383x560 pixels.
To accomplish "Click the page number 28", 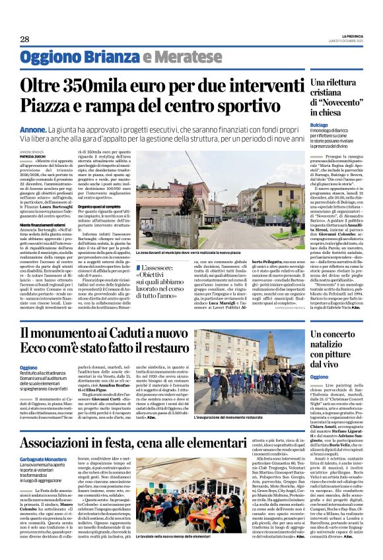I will (x=24, y=40).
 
